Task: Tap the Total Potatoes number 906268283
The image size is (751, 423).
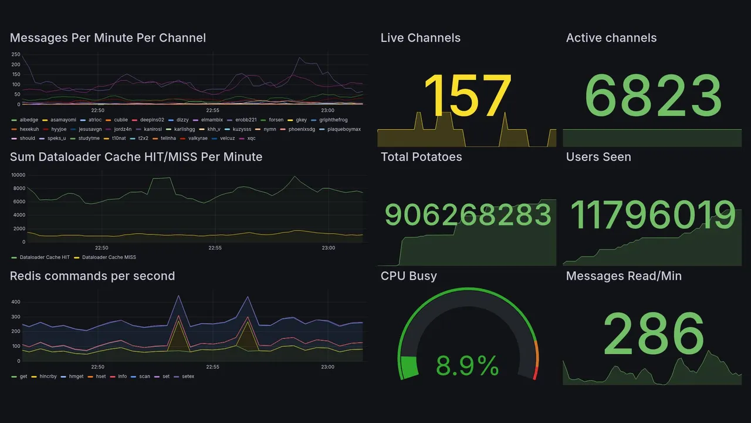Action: pyautogui.click(x=468, y=215)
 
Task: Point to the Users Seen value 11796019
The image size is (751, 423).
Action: pyautogui.click(x=652, y=215)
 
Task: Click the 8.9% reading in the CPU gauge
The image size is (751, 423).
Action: pyautogui.click(x=468, y=367)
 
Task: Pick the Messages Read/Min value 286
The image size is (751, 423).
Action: pyautogui.click(x=653, y=334)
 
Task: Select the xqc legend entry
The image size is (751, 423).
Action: pyautogui.click(x=251, y=139)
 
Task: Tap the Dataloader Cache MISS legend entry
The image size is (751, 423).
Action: pyautogui.click(x=109, y=257)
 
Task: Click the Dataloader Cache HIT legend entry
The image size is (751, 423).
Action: pyautogui.click(x=44, y=257)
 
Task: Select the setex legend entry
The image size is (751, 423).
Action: pyautogui.click(x=188, y=377)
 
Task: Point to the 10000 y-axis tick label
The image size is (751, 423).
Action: pyautogui.click(x=18, y=175)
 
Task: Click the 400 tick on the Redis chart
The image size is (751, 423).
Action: pyautogui.click(x=16, y=302)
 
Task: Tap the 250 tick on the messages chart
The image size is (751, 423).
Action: pyautogui.click(x=15, y=55)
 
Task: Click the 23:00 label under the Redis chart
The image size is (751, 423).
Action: pyautogui.click(x=327, y=367)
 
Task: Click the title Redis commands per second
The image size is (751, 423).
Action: pyautogui.click(x=92, y=276)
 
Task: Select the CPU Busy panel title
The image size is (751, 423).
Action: pyautogui.click(x=408, y=276)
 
